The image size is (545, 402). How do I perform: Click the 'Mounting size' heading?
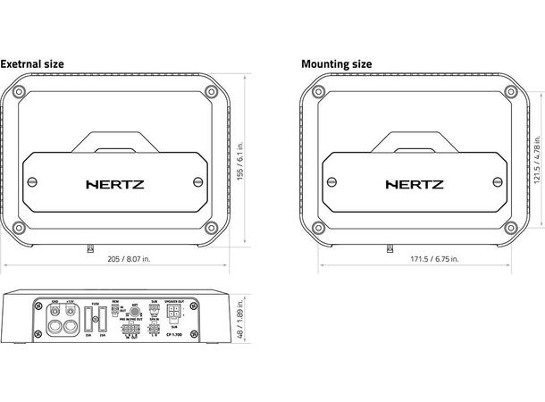[336, 64]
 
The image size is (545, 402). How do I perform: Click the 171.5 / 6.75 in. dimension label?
[432, 258]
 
